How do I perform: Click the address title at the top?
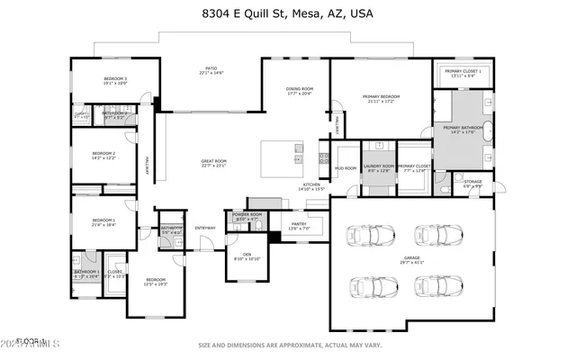pyautogui.click(x=288, y=13)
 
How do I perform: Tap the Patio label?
pyautogui.click(x=211, y=68)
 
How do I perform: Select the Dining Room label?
pyautogui.click(x=299, y=89)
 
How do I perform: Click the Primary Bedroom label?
pyautogui.click(x=381, y=97)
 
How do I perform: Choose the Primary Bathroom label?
pyautogui.click(x=463, y=130)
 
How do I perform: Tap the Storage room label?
pyautogui.click(x=473, y=183)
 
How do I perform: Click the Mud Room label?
pyautogui.click(x=346, y=168)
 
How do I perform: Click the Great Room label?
pyautogui.click(x=213, y=162)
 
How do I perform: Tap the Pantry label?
pyautogui.click(x=298, y=224)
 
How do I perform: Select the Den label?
pyautogui.click(x=247, y=256)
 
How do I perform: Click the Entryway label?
pyautogui.click(x=205, y=228)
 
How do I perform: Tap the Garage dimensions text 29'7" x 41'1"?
pyautogui.click(x=412, y=263)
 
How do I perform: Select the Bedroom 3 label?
pyautogui.click(x=115, y=80)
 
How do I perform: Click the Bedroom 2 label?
pyautogui.click(x=103, y=155)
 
